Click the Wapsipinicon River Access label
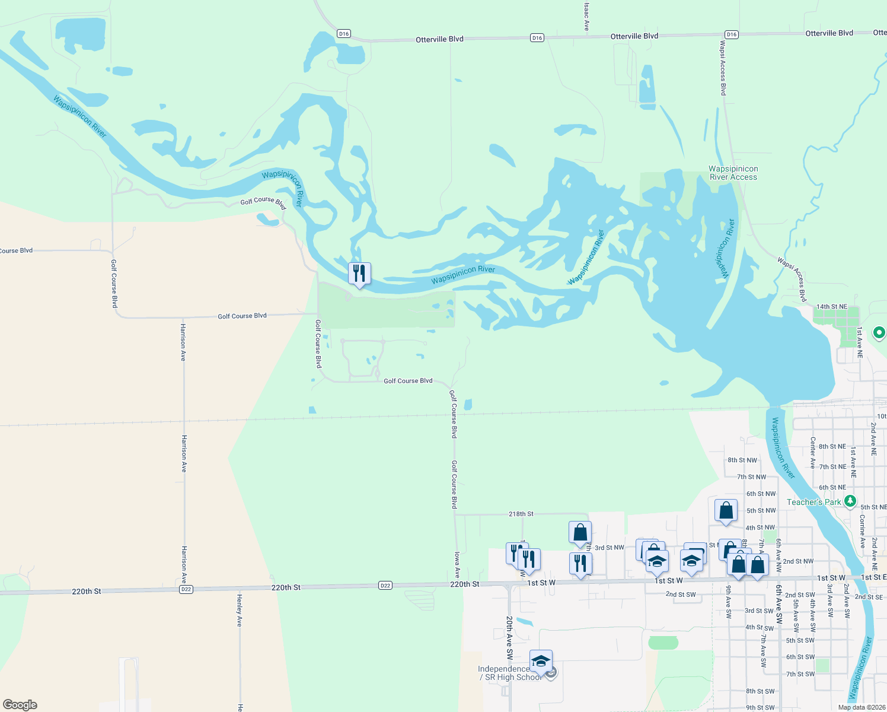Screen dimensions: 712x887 coord(733,173)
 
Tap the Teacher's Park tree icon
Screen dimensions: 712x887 coord(850,501)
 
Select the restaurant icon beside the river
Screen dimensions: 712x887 coord(359,274)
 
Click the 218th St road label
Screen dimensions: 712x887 coord(521,514)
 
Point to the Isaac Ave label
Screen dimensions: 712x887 coord(586,17)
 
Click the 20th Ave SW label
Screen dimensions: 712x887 coord(509,638)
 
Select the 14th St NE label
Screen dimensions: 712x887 coord(831,307)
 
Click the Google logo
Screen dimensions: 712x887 coord(20,704)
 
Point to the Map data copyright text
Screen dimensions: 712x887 coord(862,707)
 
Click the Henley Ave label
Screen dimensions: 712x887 coord(240,610)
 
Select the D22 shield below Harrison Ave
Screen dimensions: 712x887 coord(186,589)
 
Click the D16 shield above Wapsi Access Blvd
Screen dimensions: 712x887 coord(732,34)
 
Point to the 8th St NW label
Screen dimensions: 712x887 coord(742,460)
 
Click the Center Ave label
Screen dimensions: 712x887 coord(813,453)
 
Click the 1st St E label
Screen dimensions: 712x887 coord(873,577)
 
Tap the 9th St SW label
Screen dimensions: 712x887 coord(760,707)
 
